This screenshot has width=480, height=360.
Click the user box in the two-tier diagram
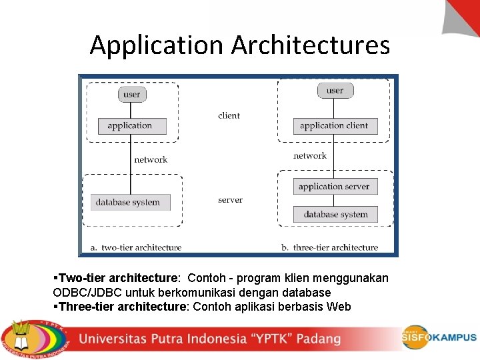132,94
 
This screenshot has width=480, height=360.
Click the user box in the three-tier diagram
335,90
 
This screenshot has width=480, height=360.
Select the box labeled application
129,125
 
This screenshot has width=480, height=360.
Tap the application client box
335,125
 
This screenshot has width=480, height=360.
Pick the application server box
335,187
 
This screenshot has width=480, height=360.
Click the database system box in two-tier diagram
129,202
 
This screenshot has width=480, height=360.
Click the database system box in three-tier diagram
335,214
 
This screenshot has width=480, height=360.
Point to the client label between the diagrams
229,115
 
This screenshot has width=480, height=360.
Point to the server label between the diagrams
230,200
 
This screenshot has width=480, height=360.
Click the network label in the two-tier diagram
151,159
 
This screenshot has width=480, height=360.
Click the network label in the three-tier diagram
310,155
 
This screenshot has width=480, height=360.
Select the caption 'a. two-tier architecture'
136,247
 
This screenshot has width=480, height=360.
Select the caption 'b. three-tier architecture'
329,247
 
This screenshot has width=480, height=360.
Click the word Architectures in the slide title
311,45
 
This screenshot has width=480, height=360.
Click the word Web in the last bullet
340,307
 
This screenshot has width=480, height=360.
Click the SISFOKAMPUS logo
439,337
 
